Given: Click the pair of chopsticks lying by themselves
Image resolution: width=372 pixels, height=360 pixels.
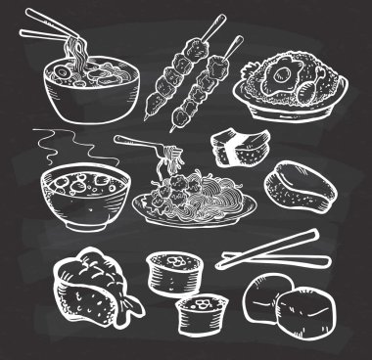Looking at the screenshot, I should coord(269,250).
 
